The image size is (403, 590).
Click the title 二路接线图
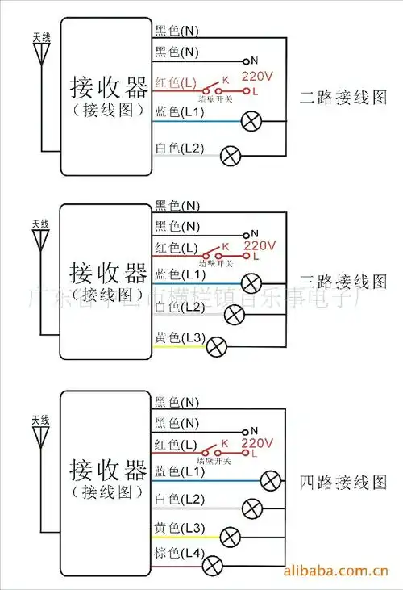[x=343, y=98]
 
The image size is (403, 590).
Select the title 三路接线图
[x=343, y=282]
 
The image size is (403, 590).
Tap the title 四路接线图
[x=343, y=483]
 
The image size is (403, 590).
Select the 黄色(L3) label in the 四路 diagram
[x=179, y=528]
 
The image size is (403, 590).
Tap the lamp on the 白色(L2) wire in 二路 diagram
[x=231, y=155]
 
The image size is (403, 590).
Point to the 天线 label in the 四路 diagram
[x=40, y=421]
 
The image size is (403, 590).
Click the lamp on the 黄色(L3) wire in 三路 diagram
[x=215, y=347]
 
